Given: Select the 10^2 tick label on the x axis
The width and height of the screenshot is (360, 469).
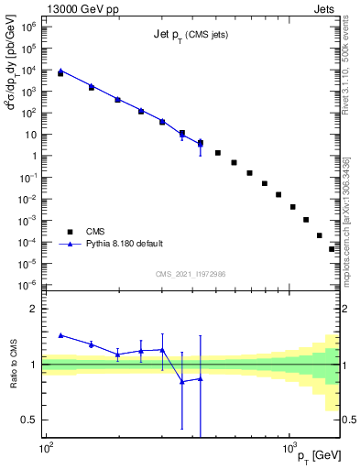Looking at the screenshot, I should tap(45, 448).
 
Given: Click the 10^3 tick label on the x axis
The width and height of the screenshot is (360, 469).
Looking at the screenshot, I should tap(289, 448).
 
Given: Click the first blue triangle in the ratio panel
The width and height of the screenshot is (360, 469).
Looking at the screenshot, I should tap(60, 335).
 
